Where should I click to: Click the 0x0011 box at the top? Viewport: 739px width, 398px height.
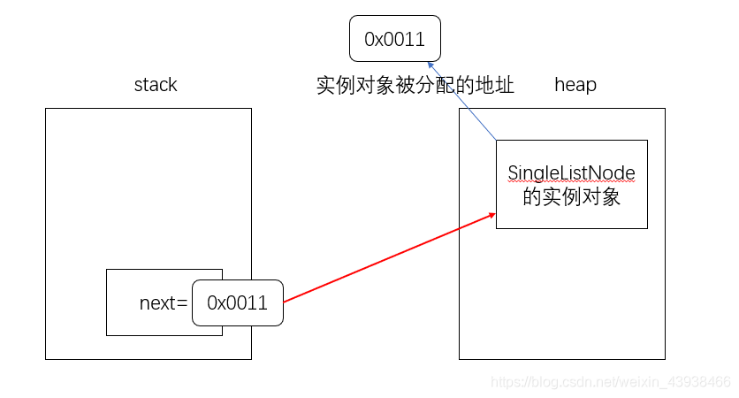coord(394,39)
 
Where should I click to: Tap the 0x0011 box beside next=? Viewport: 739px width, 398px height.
coord(237,303)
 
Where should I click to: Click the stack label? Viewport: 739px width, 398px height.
coord(156,85)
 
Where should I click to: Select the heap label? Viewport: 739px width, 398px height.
coord(575,85)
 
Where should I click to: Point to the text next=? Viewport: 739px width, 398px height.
coord(164,303)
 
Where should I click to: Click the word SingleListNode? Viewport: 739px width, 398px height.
coord(571,173)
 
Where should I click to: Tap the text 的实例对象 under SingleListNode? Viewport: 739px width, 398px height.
coord(571,196)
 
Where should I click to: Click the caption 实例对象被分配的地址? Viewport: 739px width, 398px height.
coord(415,86)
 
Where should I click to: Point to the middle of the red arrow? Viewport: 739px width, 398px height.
coord(389,257)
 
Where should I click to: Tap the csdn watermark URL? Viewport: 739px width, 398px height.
coord(610,382)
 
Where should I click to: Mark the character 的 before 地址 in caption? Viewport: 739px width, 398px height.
coord(465,86)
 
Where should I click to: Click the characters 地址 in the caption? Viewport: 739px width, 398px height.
coord(494,86)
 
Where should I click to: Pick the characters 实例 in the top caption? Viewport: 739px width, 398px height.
coord(337,86)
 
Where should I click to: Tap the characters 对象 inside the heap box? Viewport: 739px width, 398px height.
coord(601,196)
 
